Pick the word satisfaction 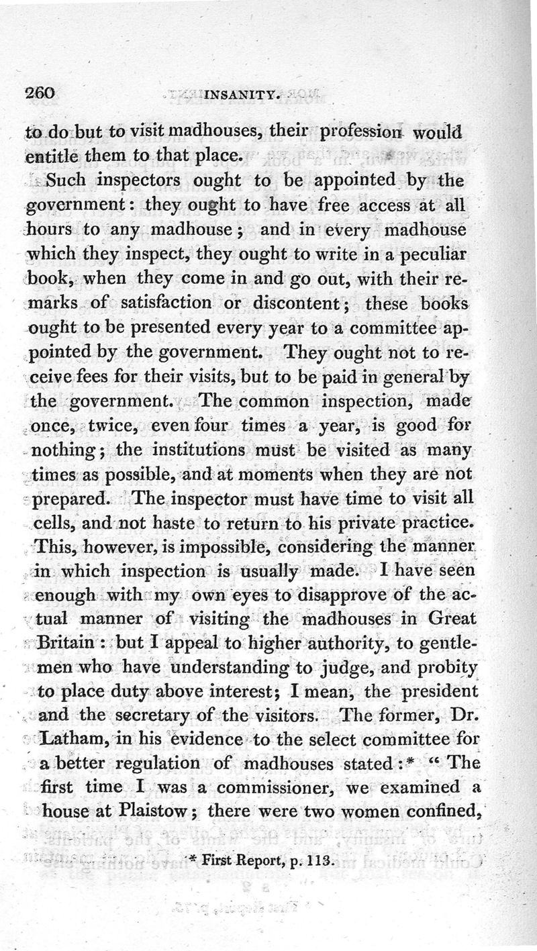point(161,302)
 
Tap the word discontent point(301,302)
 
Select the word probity point(444,668)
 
